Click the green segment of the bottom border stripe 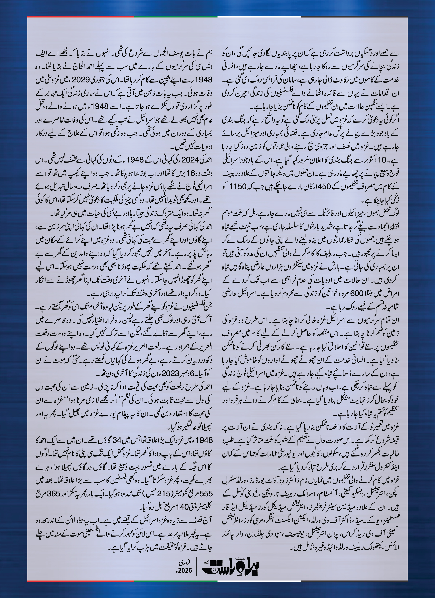[176, 581]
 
